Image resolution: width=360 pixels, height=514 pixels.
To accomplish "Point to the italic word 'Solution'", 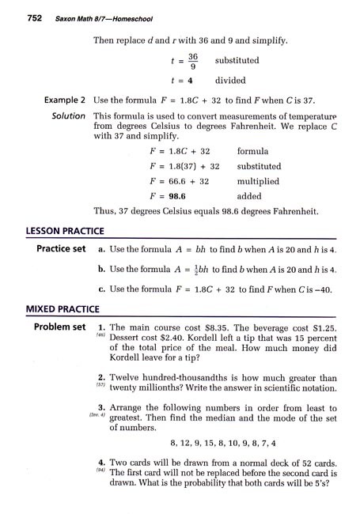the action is [x=67, y=116].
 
